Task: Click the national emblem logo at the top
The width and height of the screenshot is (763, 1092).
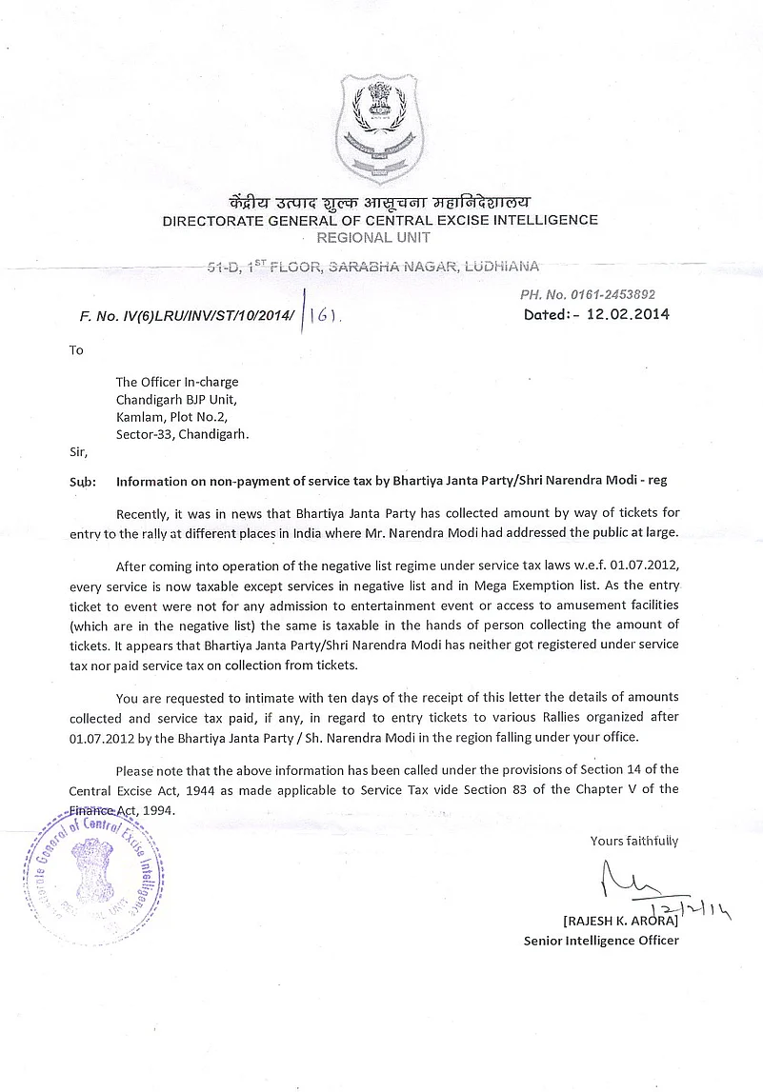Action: [380, 129]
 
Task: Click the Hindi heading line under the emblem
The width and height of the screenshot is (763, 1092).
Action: [380, 202]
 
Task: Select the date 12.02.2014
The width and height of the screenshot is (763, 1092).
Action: [628, 314]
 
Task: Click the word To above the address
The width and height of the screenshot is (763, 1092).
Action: [76, 350]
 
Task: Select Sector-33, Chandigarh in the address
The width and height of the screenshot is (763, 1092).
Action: [182, 433]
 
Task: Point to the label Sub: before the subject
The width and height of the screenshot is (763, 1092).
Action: [83, 482]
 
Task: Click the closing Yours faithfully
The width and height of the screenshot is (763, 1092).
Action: [634, 841]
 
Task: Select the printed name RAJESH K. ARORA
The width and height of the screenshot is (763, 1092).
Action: [620, 921]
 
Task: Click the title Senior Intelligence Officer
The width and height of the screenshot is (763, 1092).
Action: [601, 941]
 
